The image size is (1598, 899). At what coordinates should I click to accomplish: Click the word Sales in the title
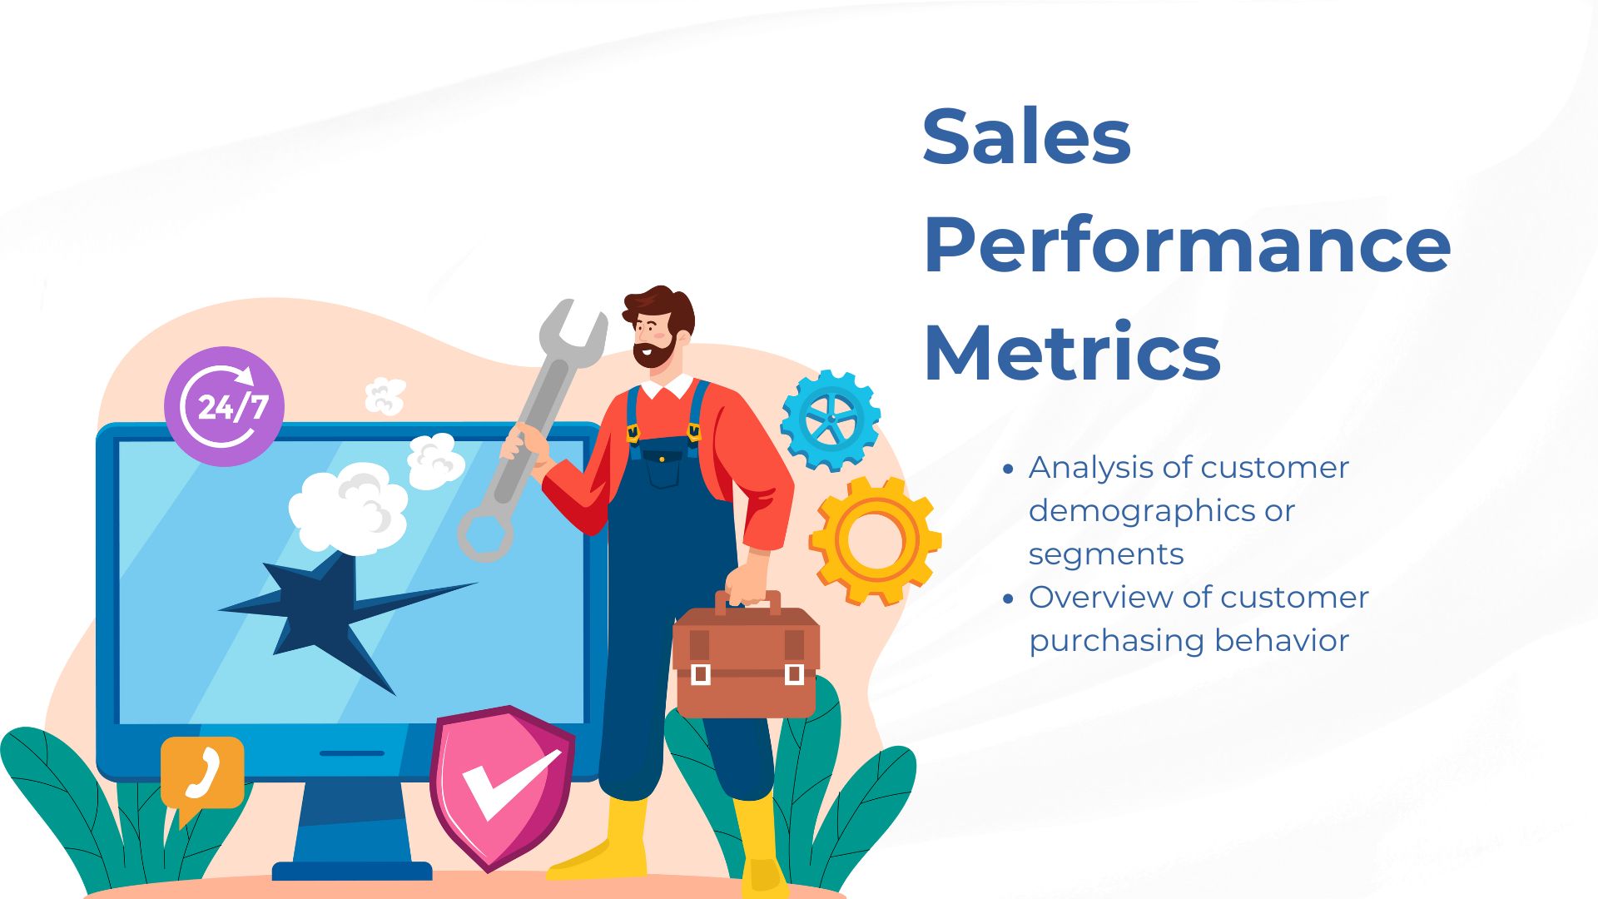click(x=1026, y=136)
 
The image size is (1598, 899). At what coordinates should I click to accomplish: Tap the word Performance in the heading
click(x=1187, y=245)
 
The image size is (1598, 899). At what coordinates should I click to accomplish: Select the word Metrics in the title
click(x=1072, y=352)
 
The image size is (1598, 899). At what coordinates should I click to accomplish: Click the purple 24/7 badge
click(x=224, y=406)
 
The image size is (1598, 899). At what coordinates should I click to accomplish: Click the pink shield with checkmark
click(x=502, y=787)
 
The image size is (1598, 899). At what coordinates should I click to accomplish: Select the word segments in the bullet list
click(x=1106, y=554)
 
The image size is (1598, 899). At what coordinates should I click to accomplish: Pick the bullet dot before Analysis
click(x=1009, y=469)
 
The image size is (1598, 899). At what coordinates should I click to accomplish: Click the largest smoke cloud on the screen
click(x=349, y=506)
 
